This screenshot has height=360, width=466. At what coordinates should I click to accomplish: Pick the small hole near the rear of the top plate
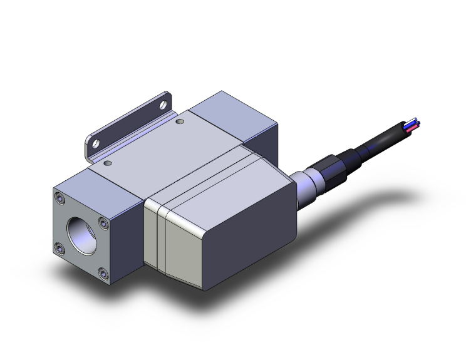point(180,121)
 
